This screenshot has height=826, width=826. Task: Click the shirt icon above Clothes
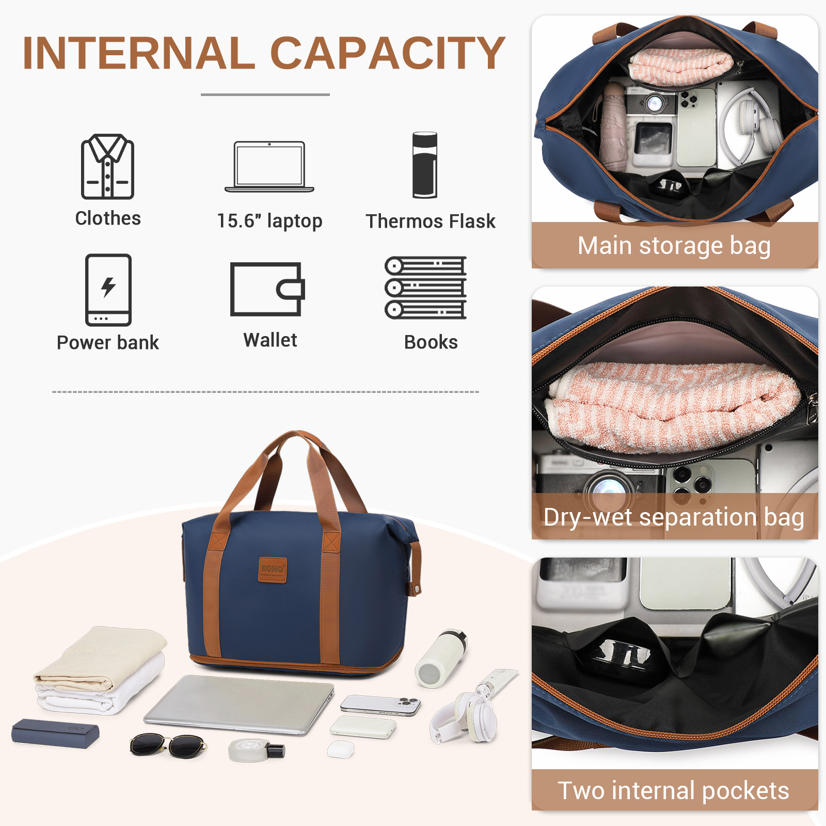pos(107,166)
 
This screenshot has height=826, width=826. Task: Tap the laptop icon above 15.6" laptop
pos(269,167)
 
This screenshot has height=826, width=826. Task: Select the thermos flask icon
pos(425,165)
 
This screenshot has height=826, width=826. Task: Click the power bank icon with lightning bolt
pos(108,290)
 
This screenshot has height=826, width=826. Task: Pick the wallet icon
pos(267,289)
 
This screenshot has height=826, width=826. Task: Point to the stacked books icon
pos(426,288)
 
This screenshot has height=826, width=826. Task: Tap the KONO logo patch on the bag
pos(273,569)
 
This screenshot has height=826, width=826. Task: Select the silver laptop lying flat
pos(239,704)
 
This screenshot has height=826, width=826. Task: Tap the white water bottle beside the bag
pos(441,658)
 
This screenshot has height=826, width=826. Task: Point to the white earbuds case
pos(341,749)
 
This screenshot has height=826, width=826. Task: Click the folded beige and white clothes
pos(101,670)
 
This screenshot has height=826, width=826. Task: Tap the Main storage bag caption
pos(674,246)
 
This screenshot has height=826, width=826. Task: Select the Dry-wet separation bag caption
pos(674,517)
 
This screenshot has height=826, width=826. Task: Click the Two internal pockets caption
pos(674,790)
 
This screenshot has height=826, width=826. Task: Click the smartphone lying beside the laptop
pos(380,705)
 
